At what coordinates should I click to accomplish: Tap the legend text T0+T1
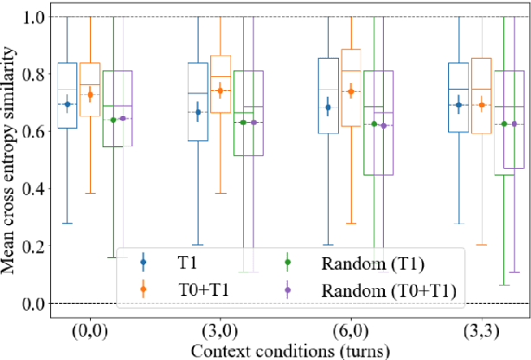pyautogui.click(x=201, y=289)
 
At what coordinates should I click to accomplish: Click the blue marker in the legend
pyautogui.click(x=144, y=260)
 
